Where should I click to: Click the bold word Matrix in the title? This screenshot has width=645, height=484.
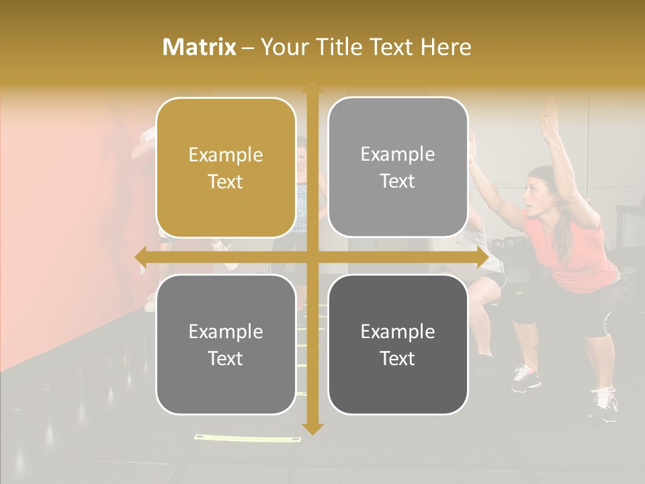click(200, 47)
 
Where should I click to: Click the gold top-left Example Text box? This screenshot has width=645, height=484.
click(226, 168)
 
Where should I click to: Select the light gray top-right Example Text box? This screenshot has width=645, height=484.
click(398, 167)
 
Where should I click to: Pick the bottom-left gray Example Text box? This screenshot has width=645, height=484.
click(226, 344)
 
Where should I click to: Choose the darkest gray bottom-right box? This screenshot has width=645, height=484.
click(398, 344)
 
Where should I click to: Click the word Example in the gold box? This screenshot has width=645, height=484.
click(226, 155)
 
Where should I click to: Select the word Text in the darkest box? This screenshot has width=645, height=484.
click(398, 358)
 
